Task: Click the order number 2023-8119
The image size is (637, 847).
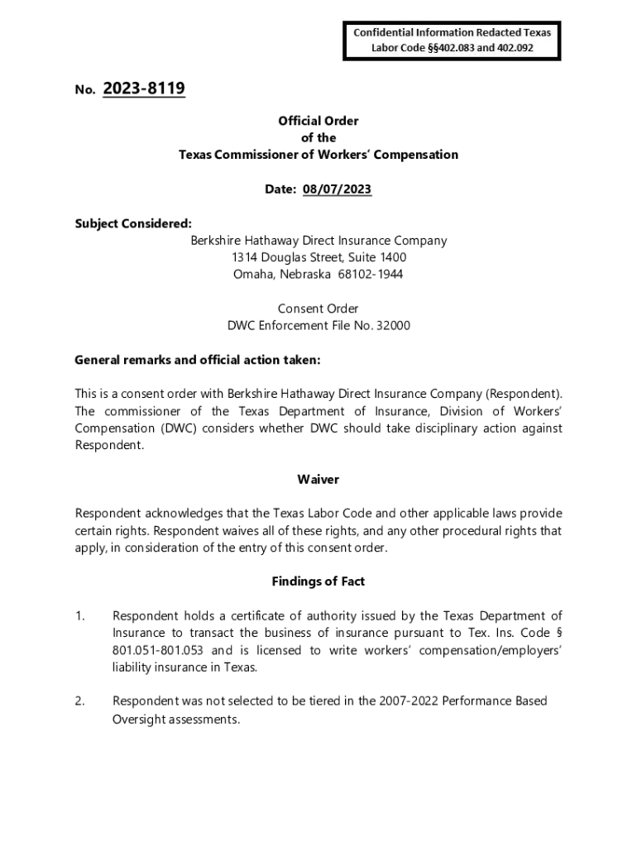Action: (x=144, y=89)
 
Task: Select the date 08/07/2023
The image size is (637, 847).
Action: (x=337, y=189)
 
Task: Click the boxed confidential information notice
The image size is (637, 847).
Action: (x=452, y=41)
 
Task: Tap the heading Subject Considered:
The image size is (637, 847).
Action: (x=133, y=223)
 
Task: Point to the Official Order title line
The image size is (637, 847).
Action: (x=318, y=121)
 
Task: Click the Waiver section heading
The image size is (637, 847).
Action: (x=318, y=480)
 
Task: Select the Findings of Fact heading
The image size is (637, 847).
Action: (x=318, y=581)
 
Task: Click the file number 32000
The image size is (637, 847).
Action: (x=393, y=326)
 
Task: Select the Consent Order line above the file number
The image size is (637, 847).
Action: (x=318, y=309)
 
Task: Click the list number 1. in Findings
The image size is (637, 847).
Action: (x=80, y=615)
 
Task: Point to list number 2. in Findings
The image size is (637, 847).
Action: (x=80, y=701)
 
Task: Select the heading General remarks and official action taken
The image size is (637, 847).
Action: (x=197, y=361)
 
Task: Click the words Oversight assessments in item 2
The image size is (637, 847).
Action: (x=176, y=720)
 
